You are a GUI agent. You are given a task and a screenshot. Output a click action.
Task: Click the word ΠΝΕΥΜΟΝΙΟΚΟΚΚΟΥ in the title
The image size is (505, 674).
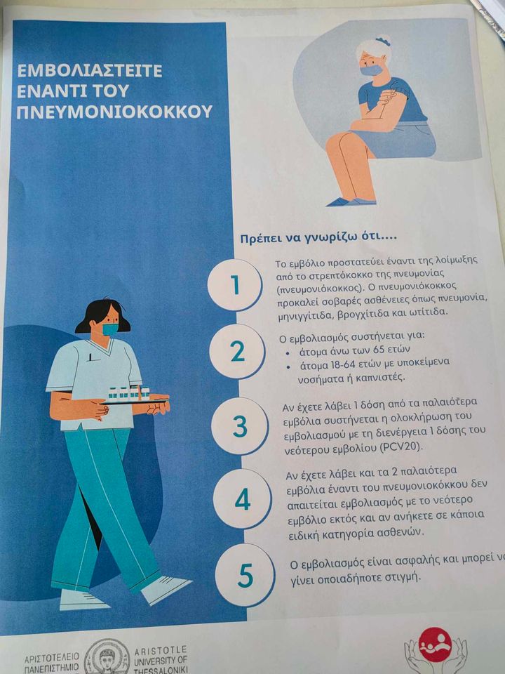click(114, 112)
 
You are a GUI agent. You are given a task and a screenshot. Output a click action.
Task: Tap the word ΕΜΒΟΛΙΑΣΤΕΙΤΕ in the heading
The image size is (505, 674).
click(89, 70)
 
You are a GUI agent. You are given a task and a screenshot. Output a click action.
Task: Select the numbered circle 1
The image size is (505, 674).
click(234, 284)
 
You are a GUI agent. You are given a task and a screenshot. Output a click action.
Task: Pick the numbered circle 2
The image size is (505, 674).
click(237, 352)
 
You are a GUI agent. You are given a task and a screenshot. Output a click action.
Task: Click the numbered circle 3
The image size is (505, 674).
click(240, 426)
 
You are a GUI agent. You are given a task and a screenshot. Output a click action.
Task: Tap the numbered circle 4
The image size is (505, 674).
click(242, 498)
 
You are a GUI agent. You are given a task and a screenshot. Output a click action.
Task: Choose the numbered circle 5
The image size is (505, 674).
click(245, 575)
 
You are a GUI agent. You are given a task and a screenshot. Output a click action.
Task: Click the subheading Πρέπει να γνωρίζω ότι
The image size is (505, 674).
click(318, 239)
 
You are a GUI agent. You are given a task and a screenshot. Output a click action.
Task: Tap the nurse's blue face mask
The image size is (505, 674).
click(110, 329)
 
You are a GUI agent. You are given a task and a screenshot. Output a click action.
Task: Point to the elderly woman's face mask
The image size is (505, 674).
click(370, 70)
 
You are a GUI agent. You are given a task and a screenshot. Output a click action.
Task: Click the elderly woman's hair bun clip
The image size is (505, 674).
click(382, 41)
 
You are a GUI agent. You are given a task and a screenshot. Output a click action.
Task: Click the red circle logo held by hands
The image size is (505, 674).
click(435, 645)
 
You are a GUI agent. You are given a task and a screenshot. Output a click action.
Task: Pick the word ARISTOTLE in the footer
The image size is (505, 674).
click(161, 649)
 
